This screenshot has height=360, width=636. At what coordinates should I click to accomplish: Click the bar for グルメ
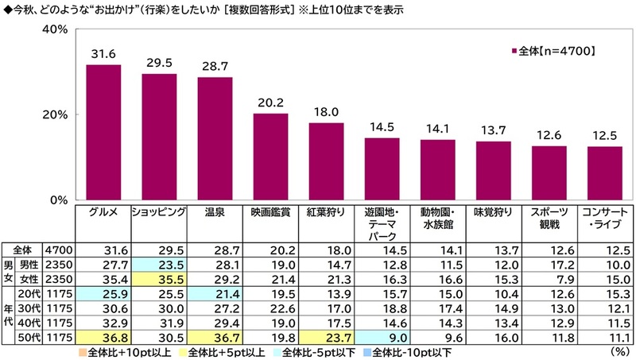103,132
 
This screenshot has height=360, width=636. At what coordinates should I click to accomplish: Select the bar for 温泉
215,138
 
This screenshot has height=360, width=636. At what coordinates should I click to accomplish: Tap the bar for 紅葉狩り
326,161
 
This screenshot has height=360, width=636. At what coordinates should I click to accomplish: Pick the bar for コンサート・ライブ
605,173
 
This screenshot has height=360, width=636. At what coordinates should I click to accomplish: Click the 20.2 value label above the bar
270,103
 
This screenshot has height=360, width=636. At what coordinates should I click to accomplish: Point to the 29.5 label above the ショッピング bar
160,63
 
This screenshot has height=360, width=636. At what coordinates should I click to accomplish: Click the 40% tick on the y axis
55,29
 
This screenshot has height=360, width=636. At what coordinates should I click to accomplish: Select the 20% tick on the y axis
55,114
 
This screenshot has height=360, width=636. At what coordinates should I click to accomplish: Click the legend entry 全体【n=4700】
553,51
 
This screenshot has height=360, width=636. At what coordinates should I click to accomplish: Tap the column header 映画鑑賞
270,212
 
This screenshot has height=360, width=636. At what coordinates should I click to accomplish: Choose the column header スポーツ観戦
549,218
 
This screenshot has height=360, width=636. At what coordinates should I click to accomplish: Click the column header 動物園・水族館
438,218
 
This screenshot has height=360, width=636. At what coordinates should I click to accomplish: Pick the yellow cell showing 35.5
159,279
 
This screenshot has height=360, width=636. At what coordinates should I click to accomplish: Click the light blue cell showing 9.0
382,337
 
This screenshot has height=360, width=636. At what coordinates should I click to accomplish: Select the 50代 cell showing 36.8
103,337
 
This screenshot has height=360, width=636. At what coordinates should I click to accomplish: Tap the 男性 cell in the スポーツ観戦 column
549,265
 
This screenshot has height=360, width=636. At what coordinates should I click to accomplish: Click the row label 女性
29,279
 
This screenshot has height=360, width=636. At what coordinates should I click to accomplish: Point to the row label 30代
29,308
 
